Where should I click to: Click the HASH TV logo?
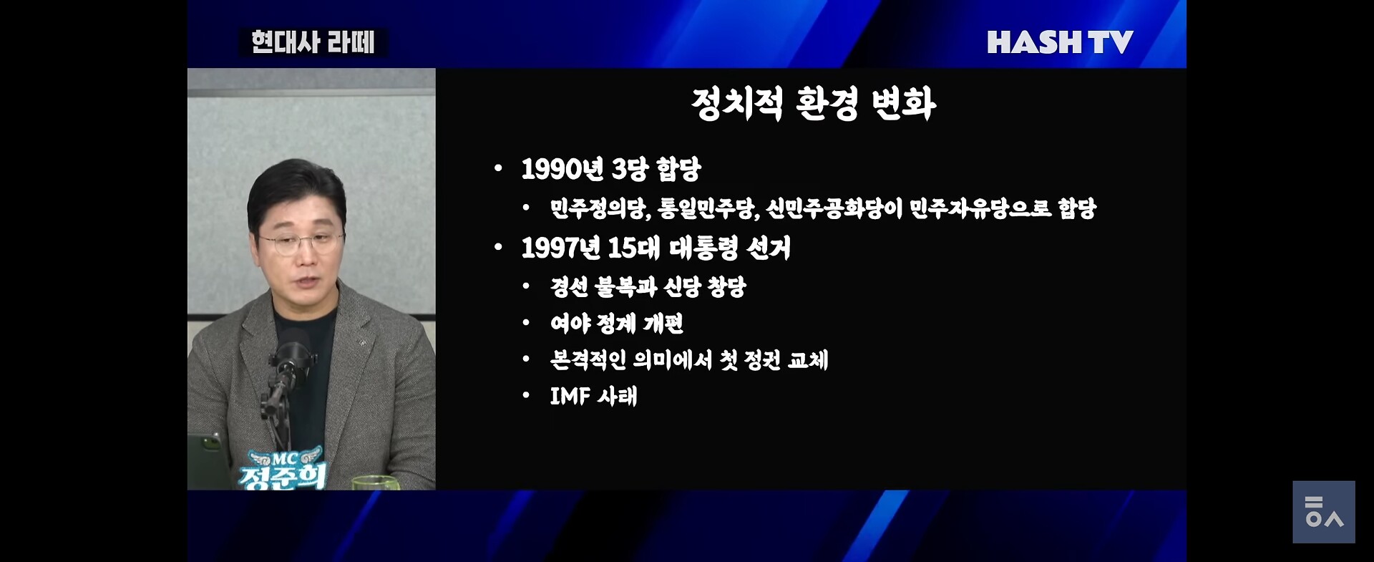click(1060, 42)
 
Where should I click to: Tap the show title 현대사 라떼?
click(313, 42)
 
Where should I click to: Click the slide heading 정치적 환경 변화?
click(814, 104)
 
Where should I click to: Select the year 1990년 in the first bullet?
click(562, 170)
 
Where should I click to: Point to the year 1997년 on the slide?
click(561, 248)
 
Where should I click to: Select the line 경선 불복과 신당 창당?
click(648, 287)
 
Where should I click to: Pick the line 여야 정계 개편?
click(616, 324)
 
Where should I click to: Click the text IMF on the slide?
click(570, 396)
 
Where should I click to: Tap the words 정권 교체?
click(786, 359)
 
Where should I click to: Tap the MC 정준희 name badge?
click(283, 469)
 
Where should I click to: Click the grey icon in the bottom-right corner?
click(1323, 512)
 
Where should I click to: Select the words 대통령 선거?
click(730, 248)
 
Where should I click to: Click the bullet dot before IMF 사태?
click(526, 395)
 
